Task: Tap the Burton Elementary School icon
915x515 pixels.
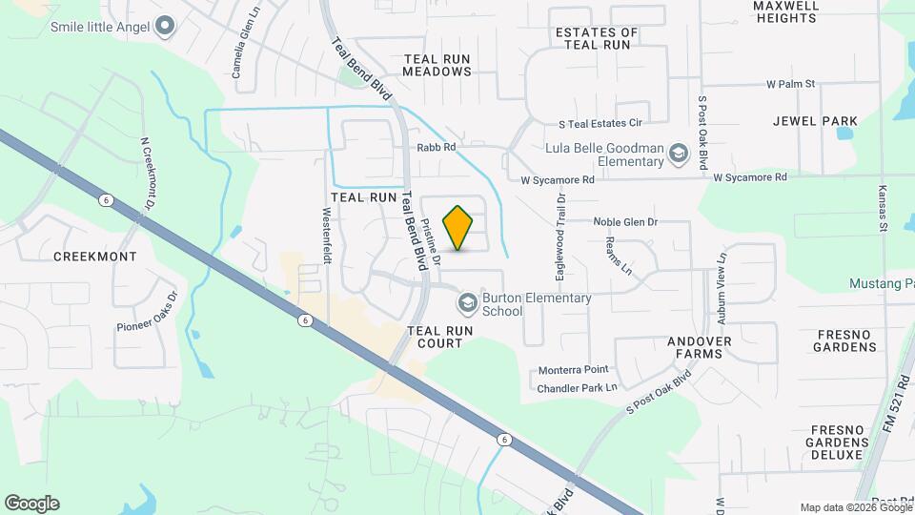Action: [467, 304]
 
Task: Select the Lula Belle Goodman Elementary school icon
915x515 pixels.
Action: [678, 154]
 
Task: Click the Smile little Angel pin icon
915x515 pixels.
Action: [165, 26]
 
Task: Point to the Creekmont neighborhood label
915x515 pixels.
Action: [94, 257]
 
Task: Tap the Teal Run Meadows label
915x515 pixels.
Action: [437, 65]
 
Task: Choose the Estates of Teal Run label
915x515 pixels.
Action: [597, 38]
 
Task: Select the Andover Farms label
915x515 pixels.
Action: [700, 347]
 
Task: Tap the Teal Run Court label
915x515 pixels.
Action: [441, 337]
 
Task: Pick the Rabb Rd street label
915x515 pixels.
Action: [437, 148]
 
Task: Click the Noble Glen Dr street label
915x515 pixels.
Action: [626, 222]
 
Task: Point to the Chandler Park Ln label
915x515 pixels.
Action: [578, 388]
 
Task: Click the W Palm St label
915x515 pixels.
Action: [791, 84]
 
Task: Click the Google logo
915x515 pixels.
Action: [31, 504]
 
